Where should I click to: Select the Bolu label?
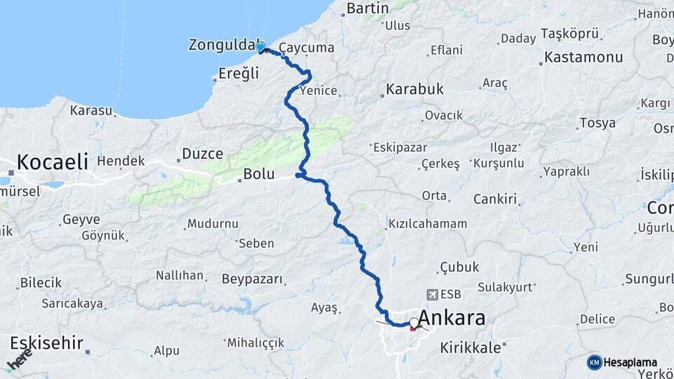tap(258, 173)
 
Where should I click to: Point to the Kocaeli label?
tap(52, 162)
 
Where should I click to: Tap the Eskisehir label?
tap(46, 344)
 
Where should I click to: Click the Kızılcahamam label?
tap(428, 224)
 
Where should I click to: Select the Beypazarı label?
tap(252, 279)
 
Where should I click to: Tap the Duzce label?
tap(202, 154)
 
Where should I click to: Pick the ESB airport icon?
tap(430, 295)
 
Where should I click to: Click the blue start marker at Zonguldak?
tap(261, 47)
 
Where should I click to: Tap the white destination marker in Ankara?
tap(414, 324)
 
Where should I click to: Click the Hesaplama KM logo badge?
tap(594, 362)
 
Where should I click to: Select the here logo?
tap(19, 360)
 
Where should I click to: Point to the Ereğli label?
tap(239, 74)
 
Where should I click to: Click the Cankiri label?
tap(495, 199)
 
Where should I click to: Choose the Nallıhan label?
tap(180, 275)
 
